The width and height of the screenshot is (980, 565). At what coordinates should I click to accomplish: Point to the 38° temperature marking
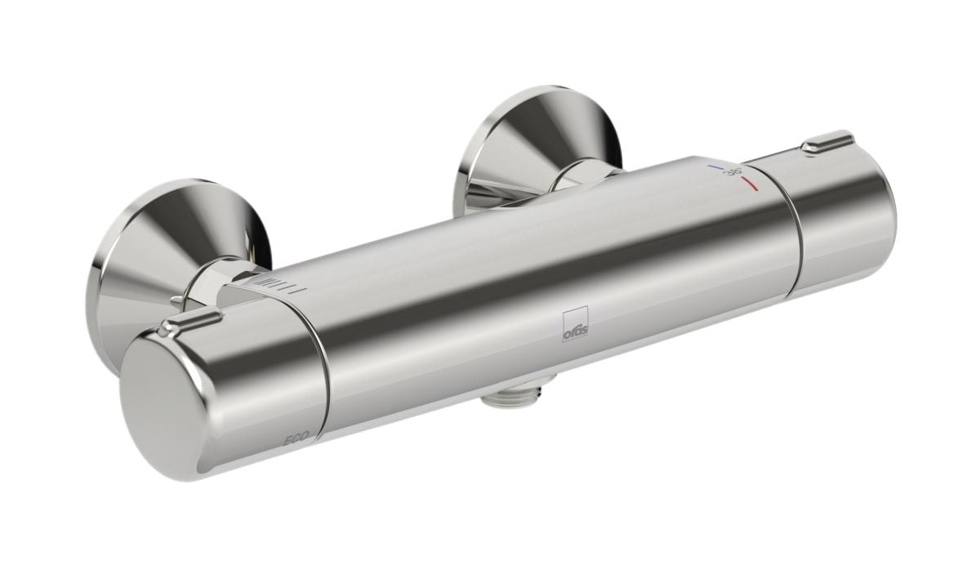pos(733,171)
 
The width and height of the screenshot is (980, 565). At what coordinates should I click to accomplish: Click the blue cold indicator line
pos(715,167)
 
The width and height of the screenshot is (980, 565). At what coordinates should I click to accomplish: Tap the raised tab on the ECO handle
pos(189,319)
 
